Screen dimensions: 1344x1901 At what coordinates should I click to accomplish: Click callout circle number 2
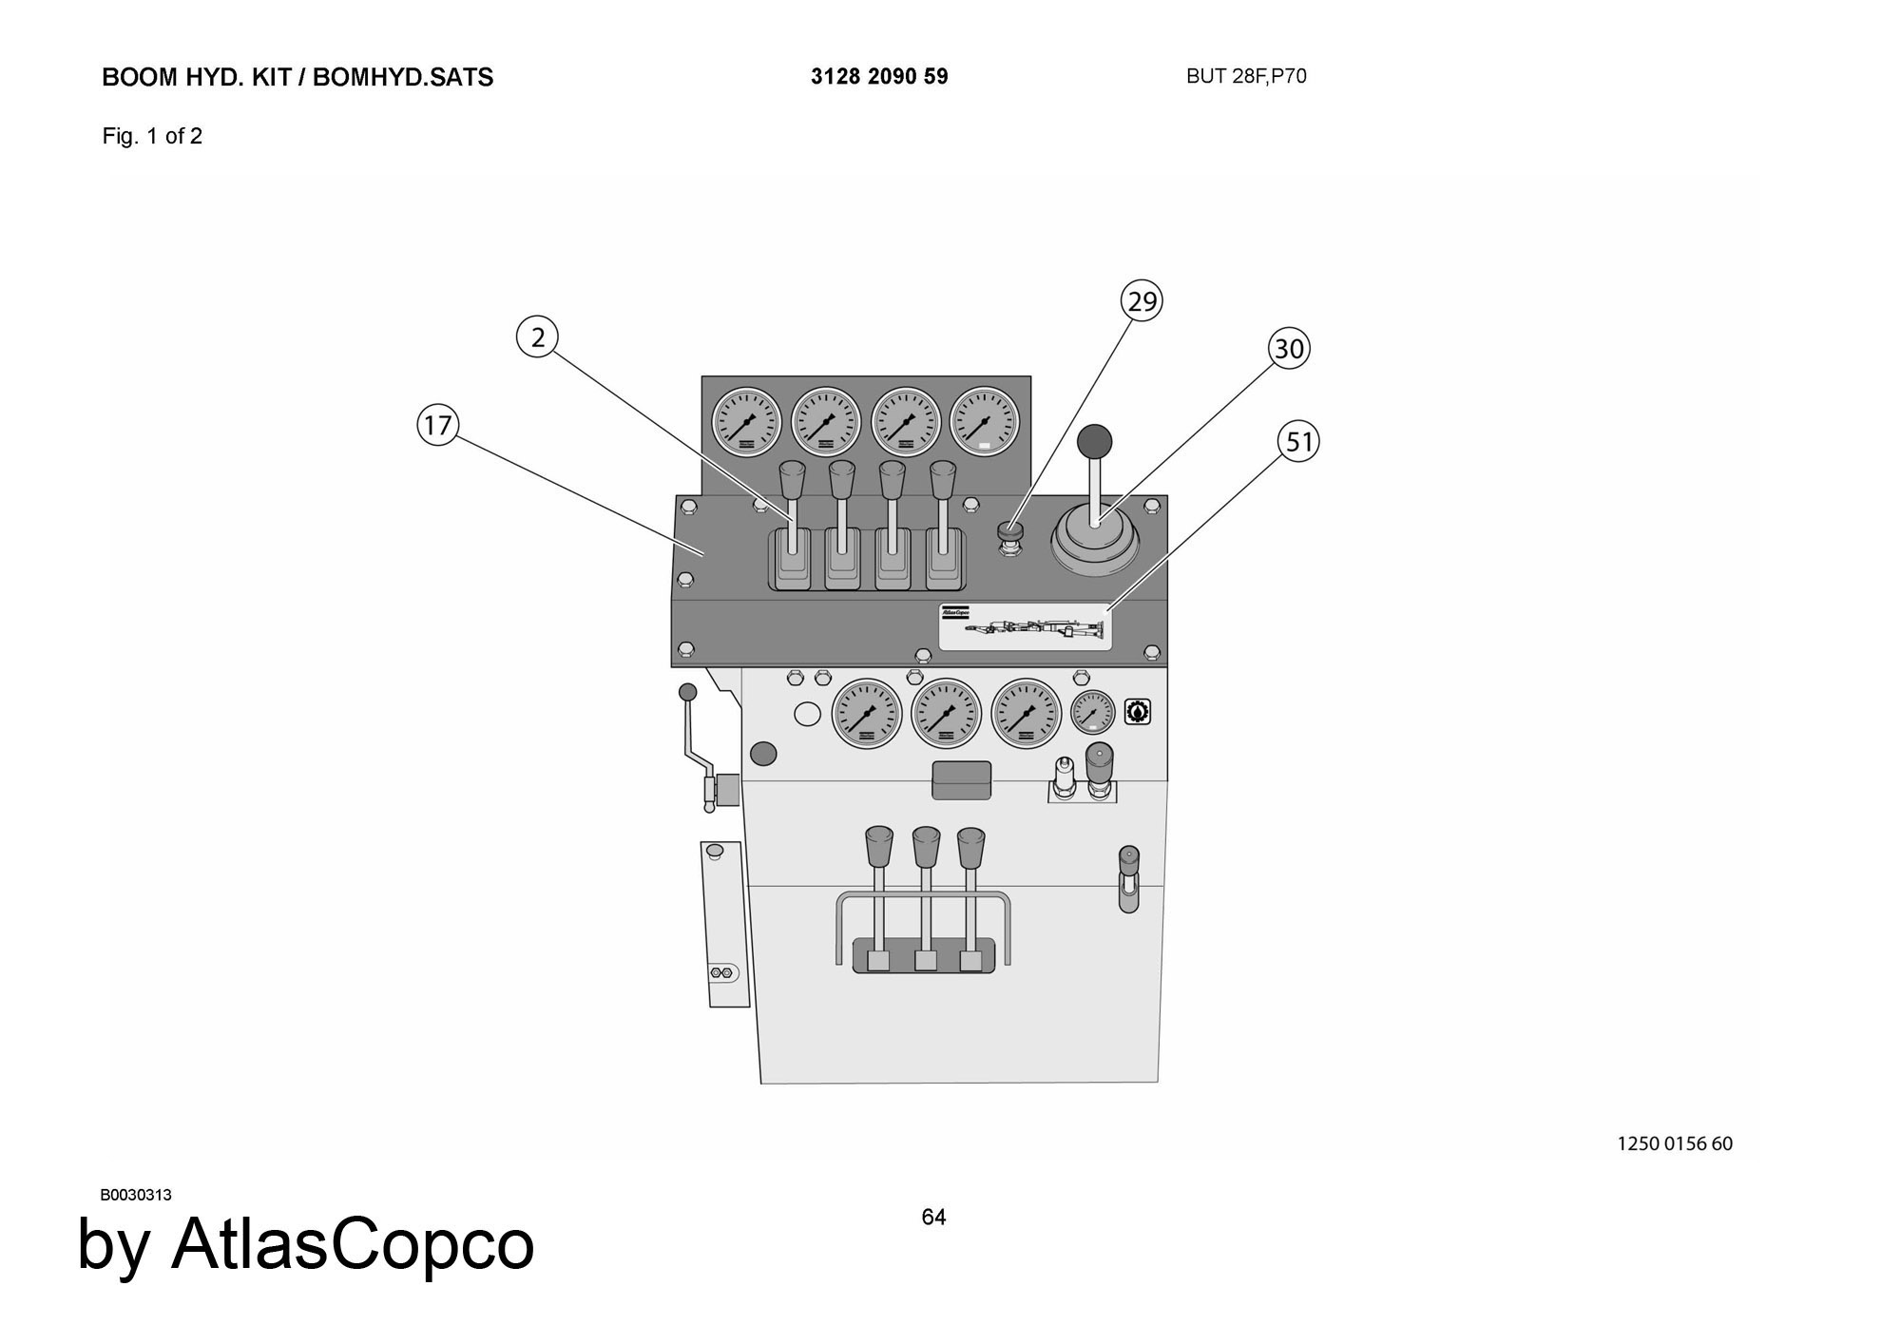coord(538,337)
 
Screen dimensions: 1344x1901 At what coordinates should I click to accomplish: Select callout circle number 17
coord(437,425)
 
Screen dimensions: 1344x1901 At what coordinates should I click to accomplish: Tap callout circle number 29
coord(1142,301)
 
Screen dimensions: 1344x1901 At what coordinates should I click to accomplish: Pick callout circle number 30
coord(1289,349)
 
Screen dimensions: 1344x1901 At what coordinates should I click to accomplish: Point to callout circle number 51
coord(1298,442)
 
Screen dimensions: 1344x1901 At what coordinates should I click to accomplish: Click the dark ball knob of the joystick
coord(1094,441)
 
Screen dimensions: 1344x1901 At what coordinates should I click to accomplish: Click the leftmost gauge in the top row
coord(746,421)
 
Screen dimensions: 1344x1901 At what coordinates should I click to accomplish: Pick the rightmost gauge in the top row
coord(985,421)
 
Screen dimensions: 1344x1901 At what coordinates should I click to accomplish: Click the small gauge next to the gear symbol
coord(1093,712)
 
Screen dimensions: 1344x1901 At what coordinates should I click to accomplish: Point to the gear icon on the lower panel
coord(1138,711)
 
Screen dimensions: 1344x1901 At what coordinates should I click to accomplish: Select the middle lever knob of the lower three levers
coord(926,843)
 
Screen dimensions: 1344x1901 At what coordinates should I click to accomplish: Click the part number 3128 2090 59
coord(879,77)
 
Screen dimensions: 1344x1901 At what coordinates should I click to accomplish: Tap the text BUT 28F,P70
coord(1246,77)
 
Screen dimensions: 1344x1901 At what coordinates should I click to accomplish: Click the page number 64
coord(933,1218)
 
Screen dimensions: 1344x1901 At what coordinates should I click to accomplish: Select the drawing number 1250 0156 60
coord(1675,1143)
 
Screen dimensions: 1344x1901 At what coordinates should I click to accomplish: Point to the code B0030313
coord(136,1195)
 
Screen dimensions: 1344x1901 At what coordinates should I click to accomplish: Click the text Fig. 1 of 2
coord(152,136)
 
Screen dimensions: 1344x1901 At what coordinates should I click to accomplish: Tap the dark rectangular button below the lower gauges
coord(962,779)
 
